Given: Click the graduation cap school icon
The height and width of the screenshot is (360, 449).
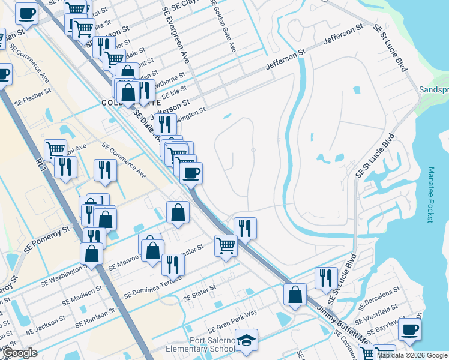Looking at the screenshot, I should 246,340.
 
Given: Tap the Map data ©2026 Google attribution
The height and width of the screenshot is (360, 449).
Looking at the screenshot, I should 412,355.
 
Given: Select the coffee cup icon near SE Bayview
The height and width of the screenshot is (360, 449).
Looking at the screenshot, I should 409,329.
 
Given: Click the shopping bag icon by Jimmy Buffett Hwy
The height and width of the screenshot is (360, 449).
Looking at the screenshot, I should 295,294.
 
